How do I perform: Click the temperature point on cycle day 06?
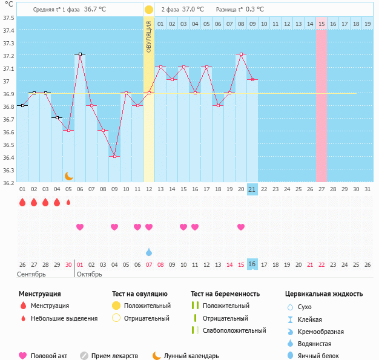pyautogui.click(x=80, y=54)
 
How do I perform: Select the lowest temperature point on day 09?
pyautogui.click(x=114, y=156)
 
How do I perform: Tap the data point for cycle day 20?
pyautogui.click(x=241, y=54)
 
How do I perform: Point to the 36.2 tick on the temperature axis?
pyautogui.click(x=8, y=182)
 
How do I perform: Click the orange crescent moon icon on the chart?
pyautogui.click(x=69, y=175)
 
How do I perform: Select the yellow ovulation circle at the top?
pyautogui.click(x=149, y=10)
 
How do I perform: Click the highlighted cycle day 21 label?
pyautogui.click(x=252, y=189)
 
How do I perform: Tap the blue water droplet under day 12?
pyautogui.click(x=149, y=252)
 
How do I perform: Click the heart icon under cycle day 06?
pyautogui.click(x=80, y=227)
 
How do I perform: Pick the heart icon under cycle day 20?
pyautogui.click(x=241, y=227)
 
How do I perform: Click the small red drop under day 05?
pyautogui.click(x=68, y=202)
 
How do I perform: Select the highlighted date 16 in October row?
pyautogui.click(x=252, y=264)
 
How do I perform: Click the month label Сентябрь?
pyautogui.click(x=32, y=274)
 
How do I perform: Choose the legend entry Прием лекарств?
pyautogui.click(x=114, y=356)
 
